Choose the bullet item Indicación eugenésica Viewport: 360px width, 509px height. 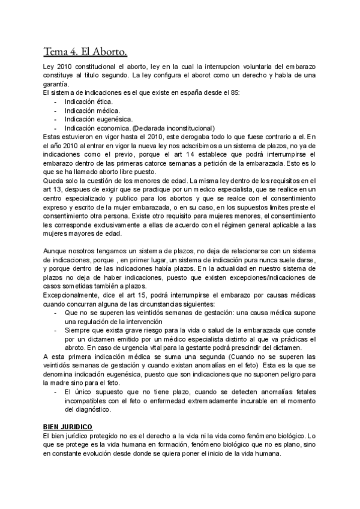pyautogui.click(x=95, y=119)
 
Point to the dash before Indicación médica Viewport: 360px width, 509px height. pyautogui.click(x=55, y=110)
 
